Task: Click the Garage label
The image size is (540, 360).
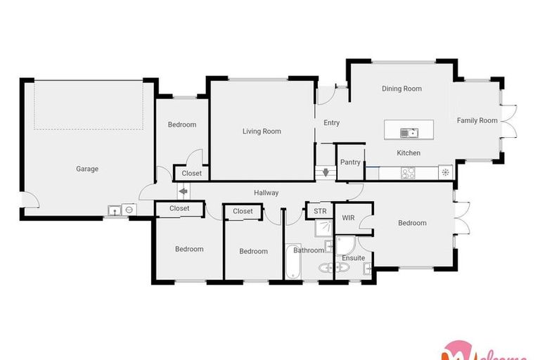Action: (87, 169)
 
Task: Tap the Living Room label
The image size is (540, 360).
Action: (262, 131)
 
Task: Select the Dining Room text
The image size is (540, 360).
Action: (401, 89)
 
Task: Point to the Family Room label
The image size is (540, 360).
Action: (477, 121)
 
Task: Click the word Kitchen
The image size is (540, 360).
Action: (409, 153)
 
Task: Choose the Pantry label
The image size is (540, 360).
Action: (350, 162)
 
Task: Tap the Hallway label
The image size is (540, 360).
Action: (266, 193)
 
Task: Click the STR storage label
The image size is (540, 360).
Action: (320, 211)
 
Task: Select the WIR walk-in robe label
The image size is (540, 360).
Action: (348, 219)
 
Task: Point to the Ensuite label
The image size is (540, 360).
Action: (353, 258)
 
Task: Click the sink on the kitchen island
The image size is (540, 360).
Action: (409, 131)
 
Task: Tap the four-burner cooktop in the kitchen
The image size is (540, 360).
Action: (408, 172)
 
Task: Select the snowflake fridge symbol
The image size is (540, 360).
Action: (444, 172)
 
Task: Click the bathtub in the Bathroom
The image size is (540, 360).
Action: (292, 261)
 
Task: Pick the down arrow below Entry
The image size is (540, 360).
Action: (326, 172)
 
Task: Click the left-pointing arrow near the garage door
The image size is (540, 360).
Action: (182, 191)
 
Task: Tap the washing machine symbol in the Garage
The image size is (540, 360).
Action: (128, 210)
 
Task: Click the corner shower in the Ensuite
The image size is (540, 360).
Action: (345, 244)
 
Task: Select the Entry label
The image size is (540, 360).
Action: (331, 123)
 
